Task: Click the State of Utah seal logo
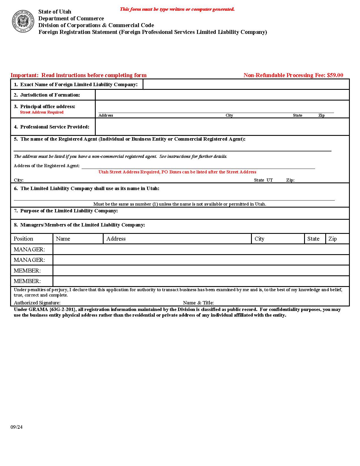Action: tap(23, 21)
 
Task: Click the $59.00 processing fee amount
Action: tap(335, 75)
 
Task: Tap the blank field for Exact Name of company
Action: tap(246, 84)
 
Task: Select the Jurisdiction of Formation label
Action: tap(50, 95)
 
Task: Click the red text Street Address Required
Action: tap(42, 112)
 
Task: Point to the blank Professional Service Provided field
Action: tap(222, 127)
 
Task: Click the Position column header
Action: tap(23, 239)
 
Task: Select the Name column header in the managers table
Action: tap(63, 239)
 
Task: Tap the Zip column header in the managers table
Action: tap(333, 239)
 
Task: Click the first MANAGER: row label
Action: tap(29, 249)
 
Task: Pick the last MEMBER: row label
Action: tap(27, 281)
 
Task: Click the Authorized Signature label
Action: tap(37, 303)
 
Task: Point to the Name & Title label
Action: tap(198, 303)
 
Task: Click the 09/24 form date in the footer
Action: tap(16, 427)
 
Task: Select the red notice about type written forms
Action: tap(177, 9)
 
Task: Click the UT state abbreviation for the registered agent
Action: tap(270, 180)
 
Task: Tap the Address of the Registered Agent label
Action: tap(47, 166)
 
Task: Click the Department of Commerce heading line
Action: tap(71, 18)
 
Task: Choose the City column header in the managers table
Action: tap(259, 239)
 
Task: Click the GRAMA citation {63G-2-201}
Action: tap(62, 309)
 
